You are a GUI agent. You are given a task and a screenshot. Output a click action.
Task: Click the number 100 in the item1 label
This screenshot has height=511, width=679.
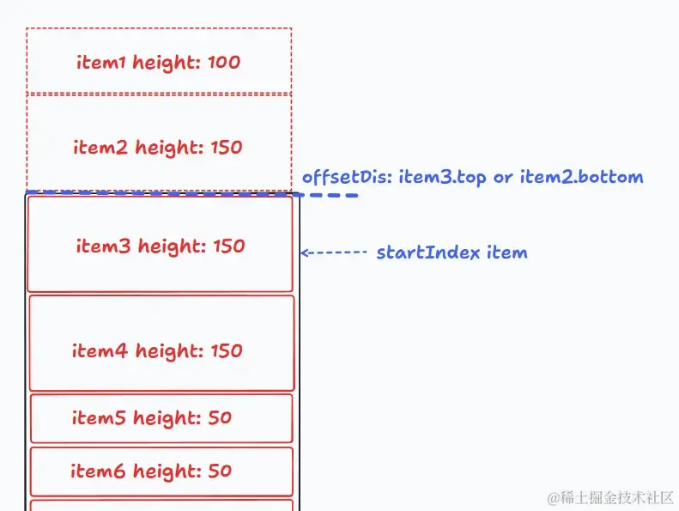pyautogui.click(x=224, y=62)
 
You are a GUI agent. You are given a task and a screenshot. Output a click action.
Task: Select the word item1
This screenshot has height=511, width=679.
pyautogui.click(x=101, y=62)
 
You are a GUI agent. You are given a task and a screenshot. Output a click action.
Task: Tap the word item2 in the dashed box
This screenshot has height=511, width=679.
pyautogui.click(x=100, y=147)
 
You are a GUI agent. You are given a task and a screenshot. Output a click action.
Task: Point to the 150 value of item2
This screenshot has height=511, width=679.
pyautogui.click(x=227, y=148)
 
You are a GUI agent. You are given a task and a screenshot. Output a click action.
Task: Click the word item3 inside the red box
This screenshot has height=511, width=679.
pyautogui.click(x=103, y=246)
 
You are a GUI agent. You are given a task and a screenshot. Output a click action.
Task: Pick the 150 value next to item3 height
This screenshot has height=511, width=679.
pyautogui.click(x=229, y=246)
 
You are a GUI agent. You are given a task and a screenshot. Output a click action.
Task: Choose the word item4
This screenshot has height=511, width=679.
pyautogui.click(x=100, y=350)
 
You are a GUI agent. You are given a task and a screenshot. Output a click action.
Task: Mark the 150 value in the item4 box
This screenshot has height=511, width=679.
pyautogui.click(x=227, y=351)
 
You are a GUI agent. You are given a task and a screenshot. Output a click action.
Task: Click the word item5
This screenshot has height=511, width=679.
pyautogui.click(x=99, y=417)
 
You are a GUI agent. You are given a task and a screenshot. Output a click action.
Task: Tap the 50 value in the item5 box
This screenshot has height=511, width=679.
pyautogui.click(x=220, y=417)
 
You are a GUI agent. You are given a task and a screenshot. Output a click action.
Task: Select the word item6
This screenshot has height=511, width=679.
pyautogui.click(x=98, y=471)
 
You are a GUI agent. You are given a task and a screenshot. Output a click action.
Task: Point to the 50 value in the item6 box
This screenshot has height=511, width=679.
pyautogui.click(x=220, y=471)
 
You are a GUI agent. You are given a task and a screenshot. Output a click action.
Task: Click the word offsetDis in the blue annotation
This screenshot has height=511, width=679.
pyautogui.click(x=348, y=177)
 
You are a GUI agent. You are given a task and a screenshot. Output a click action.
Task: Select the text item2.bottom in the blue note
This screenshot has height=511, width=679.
pyautogui.click(x=581, y=177)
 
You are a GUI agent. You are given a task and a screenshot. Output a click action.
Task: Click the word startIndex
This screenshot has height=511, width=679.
pyautogui.click(x=427, y=252)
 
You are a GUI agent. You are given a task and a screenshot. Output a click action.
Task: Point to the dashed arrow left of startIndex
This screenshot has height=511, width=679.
pyautogui.click(x=334, y=252)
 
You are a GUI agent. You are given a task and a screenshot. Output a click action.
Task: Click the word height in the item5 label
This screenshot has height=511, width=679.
pyautogui.click(x=167, y=417)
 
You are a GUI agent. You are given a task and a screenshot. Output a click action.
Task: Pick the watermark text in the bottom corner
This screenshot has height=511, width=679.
pyautogui.click(x=610, y=498)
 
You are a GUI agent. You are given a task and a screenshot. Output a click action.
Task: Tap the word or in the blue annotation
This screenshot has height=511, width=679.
pyautogui.click(x=503, y=178)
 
